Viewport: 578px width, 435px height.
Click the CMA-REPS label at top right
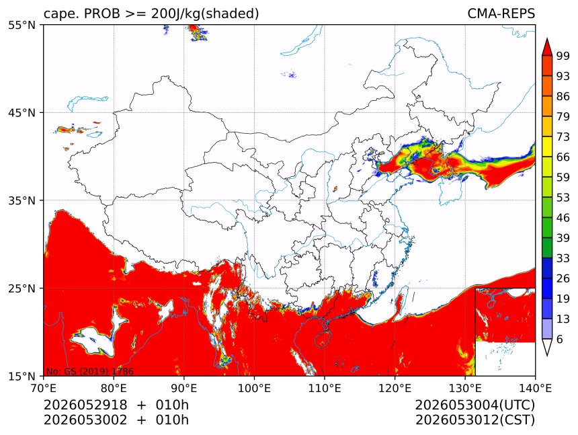(501, 13)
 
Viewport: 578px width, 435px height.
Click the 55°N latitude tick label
(22, 25)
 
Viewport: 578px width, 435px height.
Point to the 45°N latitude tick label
(22, 112)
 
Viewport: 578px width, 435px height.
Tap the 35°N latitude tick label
(22, 200)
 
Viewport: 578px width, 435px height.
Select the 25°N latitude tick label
(22, 288)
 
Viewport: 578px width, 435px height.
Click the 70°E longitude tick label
(44, 388)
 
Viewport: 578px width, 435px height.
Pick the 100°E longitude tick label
(254, 388)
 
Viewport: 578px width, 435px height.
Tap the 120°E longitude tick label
(395, 388)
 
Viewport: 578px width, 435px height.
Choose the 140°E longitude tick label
(535, 388)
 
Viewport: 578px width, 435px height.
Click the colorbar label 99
(563, 56)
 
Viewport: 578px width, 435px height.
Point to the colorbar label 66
(563, 157)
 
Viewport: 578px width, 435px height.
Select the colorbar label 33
(563, 258)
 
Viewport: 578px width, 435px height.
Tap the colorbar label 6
(560, 339)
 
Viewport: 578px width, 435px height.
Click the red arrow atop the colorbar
(546, 47)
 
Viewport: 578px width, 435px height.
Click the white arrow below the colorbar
(546, 348)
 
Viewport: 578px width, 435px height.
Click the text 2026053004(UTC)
(474, 405)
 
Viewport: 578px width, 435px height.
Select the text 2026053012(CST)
(474, 420)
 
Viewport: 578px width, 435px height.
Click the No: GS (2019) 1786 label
(89, 371)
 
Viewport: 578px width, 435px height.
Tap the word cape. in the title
(60, 14)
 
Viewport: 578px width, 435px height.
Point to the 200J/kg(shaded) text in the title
(205, 13)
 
